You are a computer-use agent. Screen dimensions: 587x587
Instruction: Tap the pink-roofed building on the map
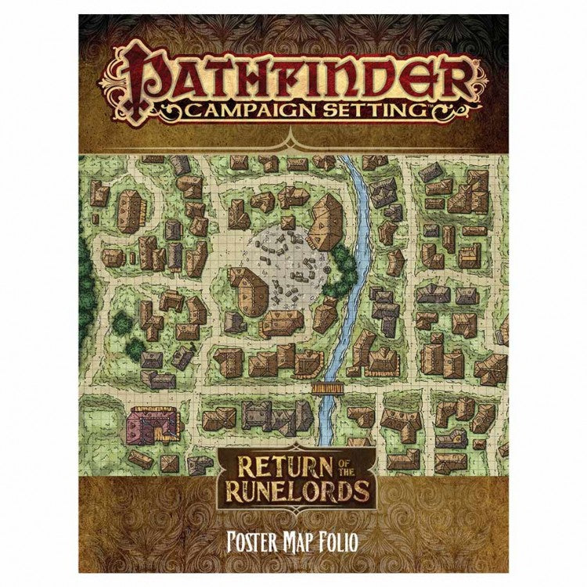coord(147,423)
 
